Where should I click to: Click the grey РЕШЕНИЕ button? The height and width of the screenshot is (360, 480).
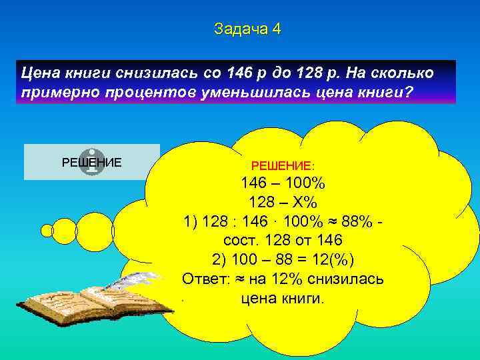92,162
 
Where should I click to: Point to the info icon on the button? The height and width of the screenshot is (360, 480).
92,162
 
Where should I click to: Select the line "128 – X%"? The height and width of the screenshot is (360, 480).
283,203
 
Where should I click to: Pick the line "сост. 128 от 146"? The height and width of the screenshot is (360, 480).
283,241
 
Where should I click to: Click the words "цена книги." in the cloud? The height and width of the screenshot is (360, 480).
283,297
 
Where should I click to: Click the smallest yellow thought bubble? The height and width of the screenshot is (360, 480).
47,231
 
